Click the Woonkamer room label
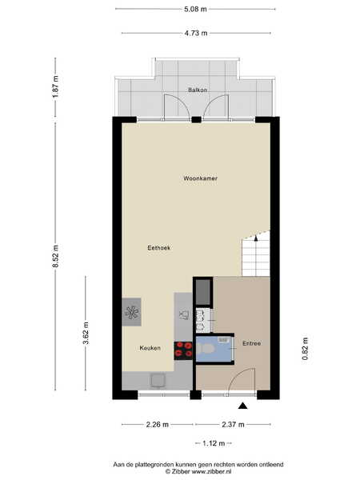point(201,178)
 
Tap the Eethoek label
point(158,248)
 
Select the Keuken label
point(150,348)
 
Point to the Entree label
point(252,343)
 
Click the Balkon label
point(198,90)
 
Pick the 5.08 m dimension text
point(195,9)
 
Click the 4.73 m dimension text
point(196,33)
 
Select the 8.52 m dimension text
point(55,256)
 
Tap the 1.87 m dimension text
point(55,86)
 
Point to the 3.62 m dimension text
point(86,333)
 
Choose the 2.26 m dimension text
point(158,425)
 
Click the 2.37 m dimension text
point(233,425)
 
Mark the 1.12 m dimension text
point(214,443)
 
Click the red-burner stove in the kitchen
point(183,350)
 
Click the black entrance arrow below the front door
point(242,406)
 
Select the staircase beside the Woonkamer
point(256,254)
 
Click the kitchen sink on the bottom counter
point(158,381)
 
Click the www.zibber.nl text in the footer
point(211,472)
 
